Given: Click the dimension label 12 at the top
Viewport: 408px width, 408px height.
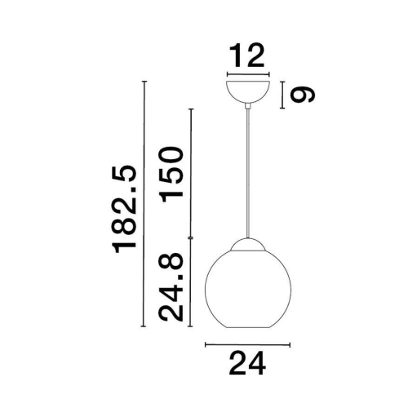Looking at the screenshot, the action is coord(247,55).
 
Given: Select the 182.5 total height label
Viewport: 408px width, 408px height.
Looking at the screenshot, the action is coord(124,209).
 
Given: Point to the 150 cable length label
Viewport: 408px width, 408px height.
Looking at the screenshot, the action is coord(171,175).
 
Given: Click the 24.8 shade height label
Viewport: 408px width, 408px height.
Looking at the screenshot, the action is coord(171,287).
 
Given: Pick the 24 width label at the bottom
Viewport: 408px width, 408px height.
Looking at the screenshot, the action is coord(247,363).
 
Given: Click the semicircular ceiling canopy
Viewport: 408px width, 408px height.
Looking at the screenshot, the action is coord(248,91).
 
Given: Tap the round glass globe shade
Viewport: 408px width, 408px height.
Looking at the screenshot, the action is coord(248,288).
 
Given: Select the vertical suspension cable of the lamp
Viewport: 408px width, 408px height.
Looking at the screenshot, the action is coord(248,174).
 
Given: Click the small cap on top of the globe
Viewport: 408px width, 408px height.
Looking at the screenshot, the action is coord(248,244).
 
